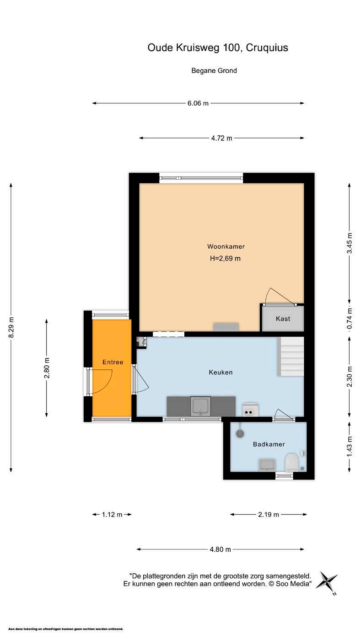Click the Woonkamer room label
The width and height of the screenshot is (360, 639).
click(226, 246)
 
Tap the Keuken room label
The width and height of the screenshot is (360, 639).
click(220, 372)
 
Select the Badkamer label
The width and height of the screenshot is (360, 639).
click(269, 444)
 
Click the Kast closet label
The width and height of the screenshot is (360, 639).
click(283, 319)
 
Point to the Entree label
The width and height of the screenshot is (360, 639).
click(113, 362)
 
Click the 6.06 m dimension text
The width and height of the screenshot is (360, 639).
click(198, 103)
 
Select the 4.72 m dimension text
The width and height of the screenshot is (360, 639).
click(221, 138)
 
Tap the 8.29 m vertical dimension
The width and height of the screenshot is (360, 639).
click(11, 327)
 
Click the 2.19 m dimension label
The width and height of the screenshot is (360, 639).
click(269, 515)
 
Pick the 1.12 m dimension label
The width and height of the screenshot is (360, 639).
click(112, 515)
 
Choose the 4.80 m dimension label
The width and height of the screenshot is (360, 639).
click(220, 549)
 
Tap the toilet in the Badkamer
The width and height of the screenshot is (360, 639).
click(292, 462)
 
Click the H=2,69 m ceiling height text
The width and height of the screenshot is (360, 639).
click(225, 259)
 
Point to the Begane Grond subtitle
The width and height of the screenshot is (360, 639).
click(214, 70)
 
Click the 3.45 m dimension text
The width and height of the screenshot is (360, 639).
click(349, 243)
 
